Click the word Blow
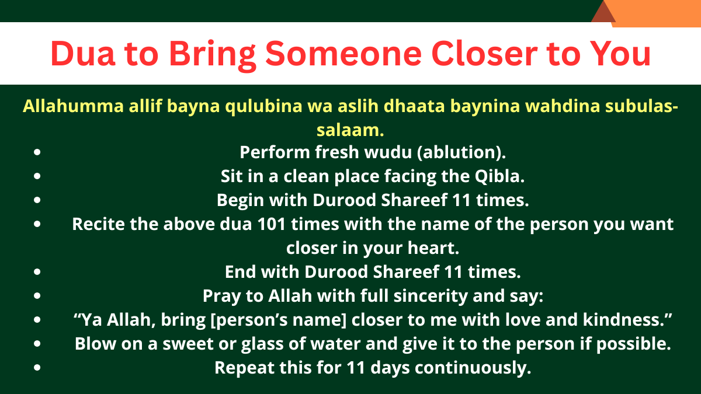tap(93, 344)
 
